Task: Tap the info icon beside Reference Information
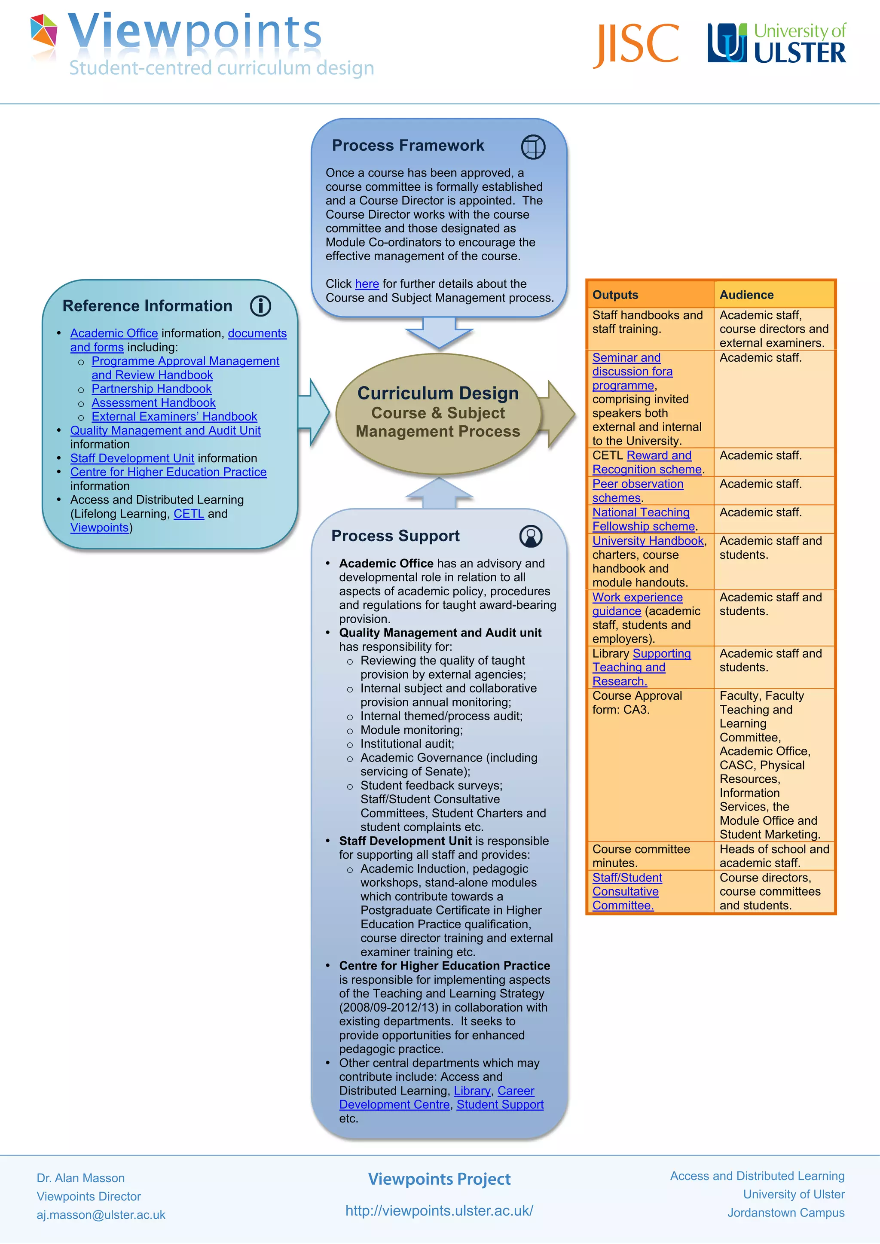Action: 260,306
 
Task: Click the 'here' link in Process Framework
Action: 367,284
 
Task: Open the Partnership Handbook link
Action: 151,389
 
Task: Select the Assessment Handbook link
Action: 153,403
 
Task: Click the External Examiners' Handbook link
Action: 174,417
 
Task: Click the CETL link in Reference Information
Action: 189,514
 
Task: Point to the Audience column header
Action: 746,295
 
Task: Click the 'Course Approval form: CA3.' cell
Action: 637,703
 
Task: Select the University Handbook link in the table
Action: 648,541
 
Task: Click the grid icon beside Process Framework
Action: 533,147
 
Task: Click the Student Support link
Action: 500,1105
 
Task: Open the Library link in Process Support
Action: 472,1091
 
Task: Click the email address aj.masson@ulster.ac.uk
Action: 101,1215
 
